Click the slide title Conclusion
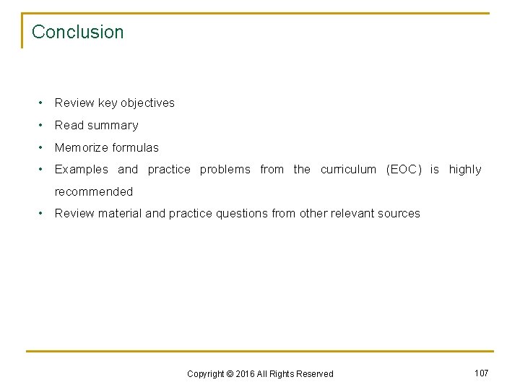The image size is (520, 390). click(x=78, y=32)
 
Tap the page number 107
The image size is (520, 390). click(x=481, y=373)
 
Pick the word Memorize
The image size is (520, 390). click(x=80, y=147)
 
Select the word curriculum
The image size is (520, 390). click(x=349, y=169)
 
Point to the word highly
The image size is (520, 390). click(x=465, y=169)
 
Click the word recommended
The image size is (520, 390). click(x=94, y=191)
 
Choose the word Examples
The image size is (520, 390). click(x=82, y=169)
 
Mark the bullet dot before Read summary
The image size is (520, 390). click(x=43, y=125)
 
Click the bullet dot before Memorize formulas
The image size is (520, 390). click(x=43, y=147)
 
